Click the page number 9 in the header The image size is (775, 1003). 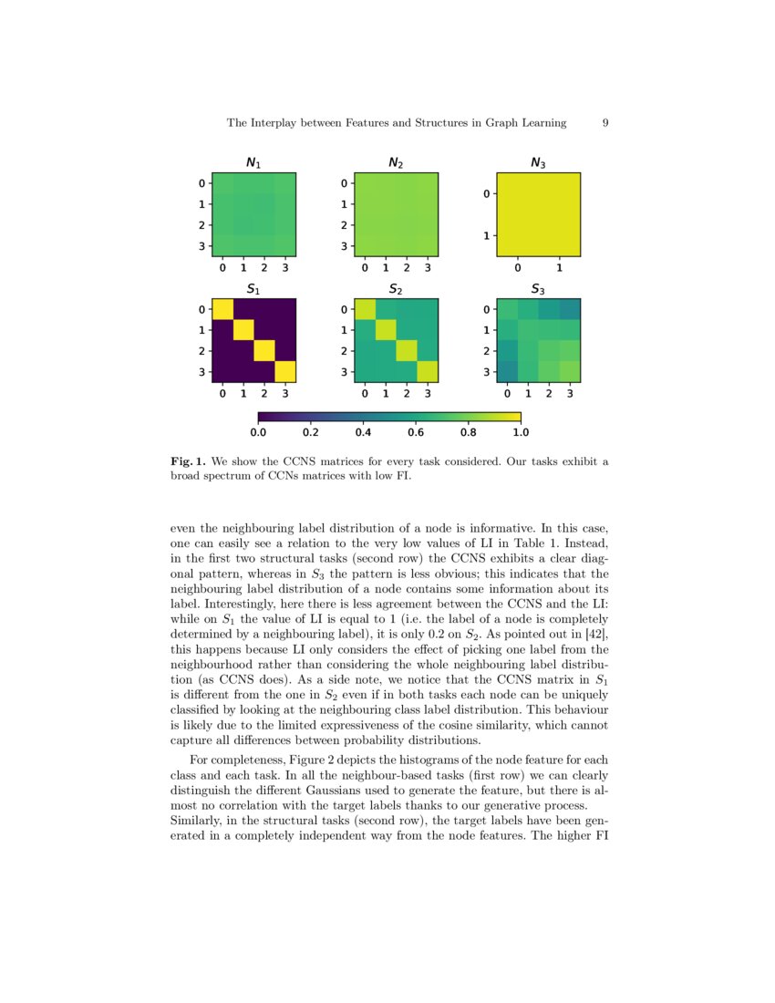click(605, 122)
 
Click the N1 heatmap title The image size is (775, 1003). click(253, 163)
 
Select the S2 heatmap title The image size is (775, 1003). click(396, 290)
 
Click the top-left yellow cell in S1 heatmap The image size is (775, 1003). click(222, 309)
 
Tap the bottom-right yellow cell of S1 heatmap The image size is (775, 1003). click(285, 372)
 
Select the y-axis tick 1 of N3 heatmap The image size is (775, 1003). click(487, 236)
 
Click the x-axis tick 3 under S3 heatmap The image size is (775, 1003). click(570, 395)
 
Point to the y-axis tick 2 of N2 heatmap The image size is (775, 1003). click(344, 224)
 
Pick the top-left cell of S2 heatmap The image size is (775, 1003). click(365, 309)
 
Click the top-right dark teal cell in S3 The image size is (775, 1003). click(570, 309)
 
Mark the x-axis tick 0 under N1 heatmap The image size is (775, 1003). click(222, 268)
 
